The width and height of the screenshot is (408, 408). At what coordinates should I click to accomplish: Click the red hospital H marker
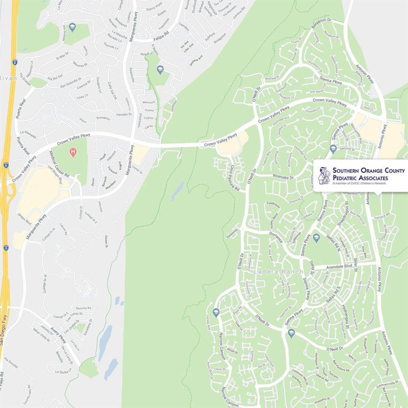coord(73,151)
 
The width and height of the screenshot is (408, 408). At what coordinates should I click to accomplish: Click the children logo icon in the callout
coord(324,175)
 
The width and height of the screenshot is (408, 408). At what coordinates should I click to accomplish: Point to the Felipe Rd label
coord(161,39)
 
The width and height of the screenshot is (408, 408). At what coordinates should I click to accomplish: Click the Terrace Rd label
coord(382,216)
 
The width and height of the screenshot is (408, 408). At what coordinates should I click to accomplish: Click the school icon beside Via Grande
coord(72,27)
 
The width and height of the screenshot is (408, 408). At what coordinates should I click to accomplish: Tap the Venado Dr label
coord(124,114)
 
